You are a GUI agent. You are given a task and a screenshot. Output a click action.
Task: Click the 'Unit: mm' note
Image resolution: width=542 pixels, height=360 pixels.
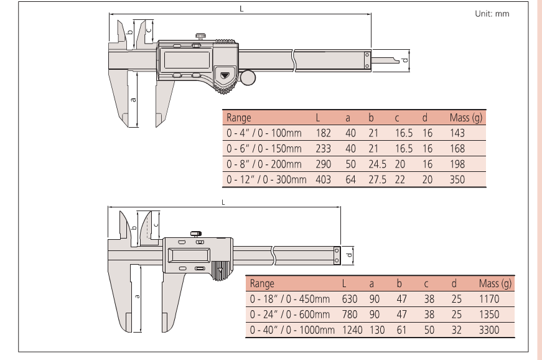coord(492,14)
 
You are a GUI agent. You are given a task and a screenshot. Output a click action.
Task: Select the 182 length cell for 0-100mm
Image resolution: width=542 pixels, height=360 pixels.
coord(323,133)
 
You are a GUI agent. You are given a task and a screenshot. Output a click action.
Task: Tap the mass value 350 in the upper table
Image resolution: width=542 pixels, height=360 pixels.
coord(457,180)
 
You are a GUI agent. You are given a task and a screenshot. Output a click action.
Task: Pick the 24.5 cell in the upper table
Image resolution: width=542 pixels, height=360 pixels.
coord(377,164)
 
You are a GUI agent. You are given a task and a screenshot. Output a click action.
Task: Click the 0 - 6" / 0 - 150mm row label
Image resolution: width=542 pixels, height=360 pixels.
coord(264,149)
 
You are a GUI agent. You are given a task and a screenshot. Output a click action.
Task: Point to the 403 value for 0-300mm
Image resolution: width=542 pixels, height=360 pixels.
coord(323,180)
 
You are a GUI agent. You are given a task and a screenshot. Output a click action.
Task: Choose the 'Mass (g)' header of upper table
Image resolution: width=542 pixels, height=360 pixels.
coord(465,118)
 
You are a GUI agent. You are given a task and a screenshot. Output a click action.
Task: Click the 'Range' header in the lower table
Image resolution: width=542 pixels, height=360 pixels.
coord(262,283)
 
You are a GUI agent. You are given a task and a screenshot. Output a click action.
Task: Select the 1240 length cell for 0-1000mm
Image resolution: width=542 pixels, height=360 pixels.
coord(352,330)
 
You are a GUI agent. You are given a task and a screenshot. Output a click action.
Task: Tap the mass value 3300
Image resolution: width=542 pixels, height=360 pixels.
coord(488,330)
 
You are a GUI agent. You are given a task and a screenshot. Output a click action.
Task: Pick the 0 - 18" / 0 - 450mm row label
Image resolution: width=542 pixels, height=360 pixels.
coord(289,299)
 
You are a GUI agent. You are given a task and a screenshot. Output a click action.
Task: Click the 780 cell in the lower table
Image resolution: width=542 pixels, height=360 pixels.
coord(350,315)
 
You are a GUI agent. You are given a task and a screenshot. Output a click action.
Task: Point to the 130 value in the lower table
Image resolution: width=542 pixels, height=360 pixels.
coord(376,330)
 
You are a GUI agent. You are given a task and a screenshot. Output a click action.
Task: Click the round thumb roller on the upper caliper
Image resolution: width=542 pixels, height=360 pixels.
coord(248,77)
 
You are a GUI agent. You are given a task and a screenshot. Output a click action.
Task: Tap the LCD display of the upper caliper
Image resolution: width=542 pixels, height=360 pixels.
coord(187,60)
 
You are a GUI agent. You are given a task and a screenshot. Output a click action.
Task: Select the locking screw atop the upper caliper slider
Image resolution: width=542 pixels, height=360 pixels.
coord(201,36)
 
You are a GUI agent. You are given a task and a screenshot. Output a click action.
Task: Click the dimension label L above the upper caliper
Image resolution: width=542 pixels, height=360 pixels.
coord(241,9)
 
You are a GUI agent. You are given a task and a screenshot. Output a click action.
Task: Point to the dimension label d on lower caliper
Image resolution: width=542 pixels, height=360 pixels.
coord(350,255)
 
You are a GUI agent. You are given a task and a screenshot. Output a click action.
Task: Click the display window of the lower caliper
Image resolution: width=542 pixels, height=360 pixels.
coord(189,255)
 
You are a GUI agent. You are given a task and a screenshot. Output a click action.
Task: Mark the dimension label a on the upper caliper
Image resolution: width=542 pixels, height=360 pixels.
coord(133,100)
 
